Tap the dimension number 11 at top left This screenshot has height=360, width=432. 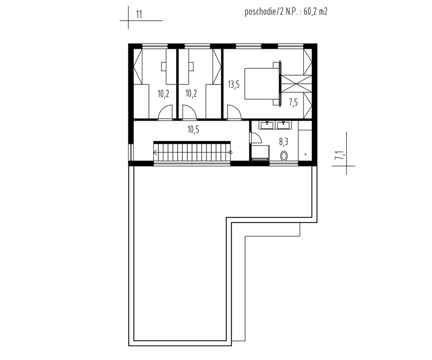point(139,15)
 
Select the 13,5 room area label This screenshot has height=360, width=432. point(234,84)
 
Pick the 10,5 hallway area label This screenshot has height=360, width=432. point(193,130)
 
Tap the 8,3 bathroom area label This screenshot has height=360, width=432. point(283,142)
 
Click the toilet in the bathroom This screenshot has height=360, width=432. point(284,156)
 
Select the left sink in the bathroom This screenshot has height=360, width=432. point(267,125)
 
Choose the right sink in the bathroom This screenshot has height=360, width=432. point(283,125)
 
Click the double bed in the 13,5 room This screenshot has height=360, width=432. point(262,84)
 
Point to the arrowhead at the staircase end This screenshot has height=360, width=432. point(155,153)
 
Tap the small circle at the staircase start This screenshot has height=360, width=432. point(230,153)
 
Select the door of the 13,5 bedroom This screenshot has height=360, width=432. point(234,112)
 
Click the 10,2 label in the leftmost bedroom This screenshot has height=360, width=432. point(163,94)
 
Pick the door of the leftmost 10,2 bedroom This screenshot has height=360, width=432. point(165,112)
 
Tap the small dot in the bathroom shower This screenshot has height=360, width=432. point(306,154)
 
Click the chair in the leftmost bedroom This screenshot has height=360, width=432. point(164,67)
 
